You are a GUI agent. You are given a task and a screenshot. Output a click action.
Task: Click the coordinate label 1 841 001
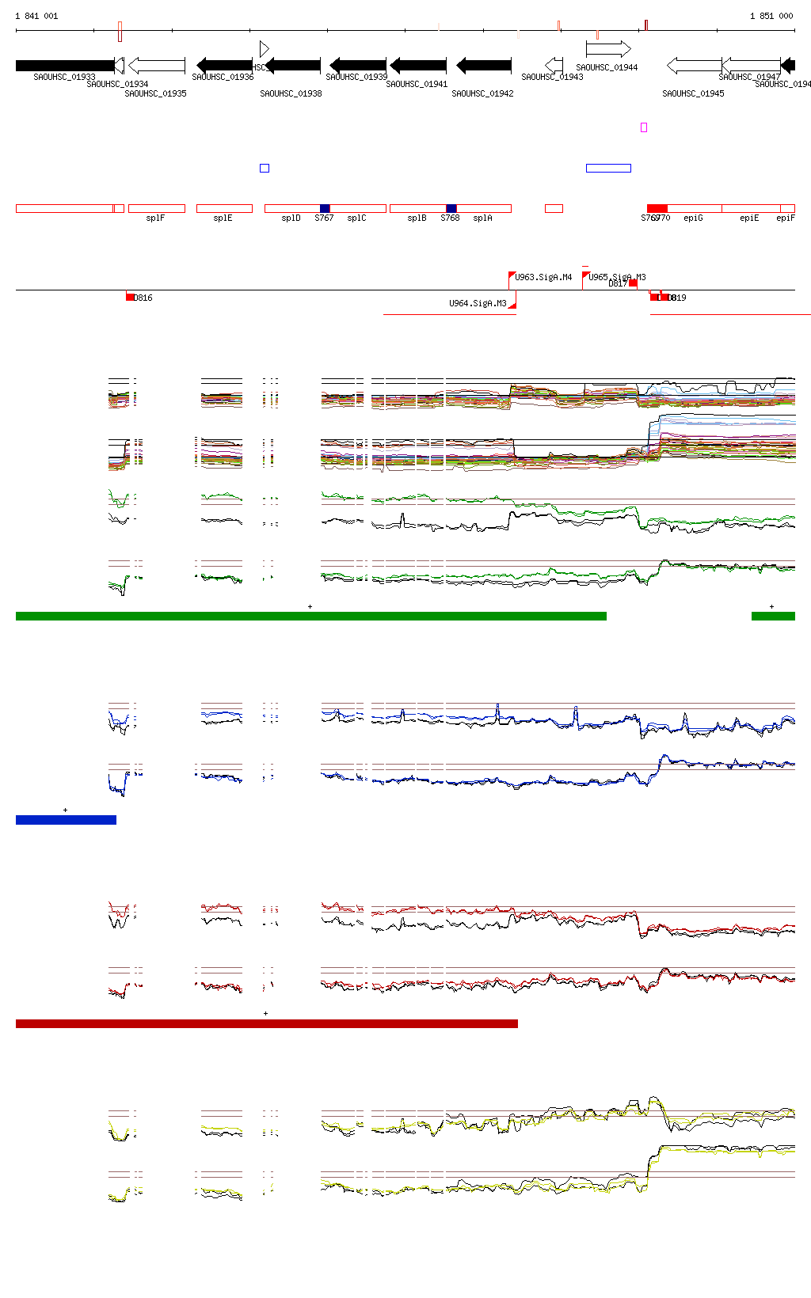pos(36,16)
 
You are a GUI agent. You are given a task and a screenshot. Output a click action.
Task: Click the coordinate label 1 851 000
pos(771,16)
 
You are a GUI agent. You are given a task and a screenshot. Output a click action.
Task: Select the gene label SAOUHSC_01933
pos(64,77)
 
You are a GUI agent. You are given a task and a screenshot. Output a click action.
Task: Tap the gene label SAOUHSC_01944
pos(607,67)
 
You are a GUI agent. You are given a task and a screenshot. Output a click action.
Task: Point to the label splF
pos(155,218)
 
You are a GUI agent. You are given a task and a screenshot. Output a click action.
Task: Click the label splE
pos(223,218)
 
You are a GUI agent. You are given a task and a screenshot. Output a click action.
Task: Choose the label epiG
pos(693,218)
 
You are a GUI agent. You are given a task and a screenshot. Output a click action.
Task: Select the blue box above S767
pos(325,208)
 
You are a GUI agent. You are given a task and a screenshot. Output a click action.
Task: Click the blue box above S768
pos(451,208)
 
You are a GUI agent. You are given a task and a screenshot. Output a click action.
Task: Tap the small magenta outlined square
pos(644,127)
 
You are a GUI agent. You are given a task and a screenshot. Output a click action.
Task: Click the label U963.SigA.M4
pos(543,277)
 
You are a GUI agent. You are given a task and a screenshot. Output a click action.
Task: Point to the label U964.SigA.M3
pos(478,303)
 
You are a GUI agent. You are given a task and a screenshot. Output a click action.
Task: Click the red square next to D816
pos(130,298)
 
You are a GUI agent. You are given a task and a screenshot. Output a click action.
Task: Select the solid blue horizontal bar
pos(66,820)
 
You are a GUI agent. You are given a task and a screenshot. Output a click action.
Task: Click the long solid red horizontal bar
pos(266,1023)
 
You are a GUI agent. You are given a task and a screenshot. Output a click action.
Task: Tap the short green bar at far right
pos(773,616)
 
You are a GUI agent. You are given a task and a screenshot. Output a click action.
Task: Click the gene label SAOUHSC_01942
pos(482,93)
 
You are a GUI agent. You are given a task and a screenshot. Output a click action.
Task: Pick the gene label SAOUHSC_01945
pos(693,93)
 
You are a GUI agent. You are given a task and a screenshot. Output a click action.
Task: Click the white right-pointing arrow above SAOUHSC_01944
pos(608,49)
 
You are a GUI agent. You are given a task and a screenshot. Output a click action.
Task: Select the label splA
pos(482,218)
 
